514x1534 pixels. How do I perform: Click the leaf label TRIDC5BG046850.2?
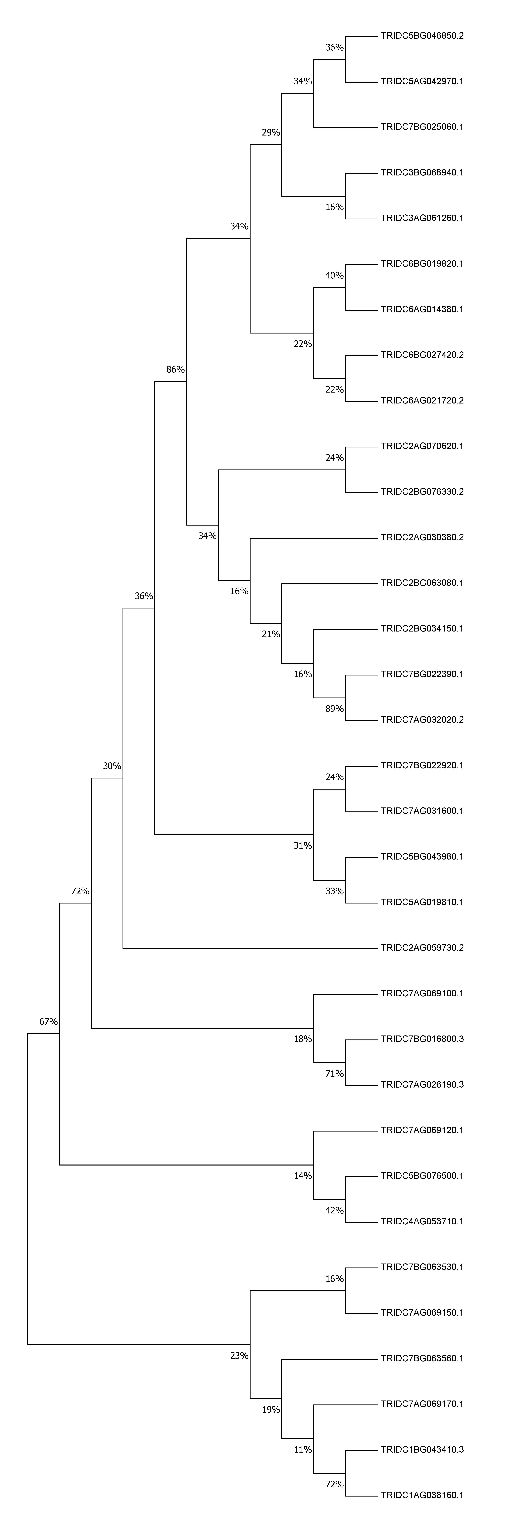[x=422, y=36]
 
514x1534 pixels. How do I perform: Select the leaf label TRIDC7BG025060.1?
[x=422, y=127]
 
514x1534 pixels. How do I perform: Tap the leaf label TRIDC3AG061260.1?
[x=422, y=218]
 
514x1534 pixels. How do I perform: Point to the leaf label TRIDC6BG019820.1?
[x=422, y=263]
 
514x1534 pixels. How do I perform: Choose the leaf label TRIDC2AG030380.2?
[x=422, y=537]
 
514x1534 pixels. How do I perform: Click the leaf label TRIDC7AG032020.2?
[x=422, y=719]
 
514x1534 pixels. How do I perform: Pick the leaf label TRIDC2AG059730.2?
[x=422, y=947]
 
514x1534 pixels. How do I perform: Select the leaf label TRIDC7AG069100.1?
[x=422, y=993]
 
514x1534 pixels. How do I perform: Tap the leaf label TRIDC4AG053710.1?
[x=422, y=1221]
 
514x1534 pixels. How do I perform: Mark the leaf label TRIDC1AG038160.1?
[x=422, y=1495]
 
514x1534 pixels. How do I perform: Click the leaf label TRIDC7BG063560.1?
[x=422, y=1358]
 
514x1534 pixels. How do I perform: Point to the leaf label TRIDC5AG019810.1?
[x=422, y=902]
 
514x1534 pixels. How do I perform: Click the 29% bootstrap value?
[x=271, y=132]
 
